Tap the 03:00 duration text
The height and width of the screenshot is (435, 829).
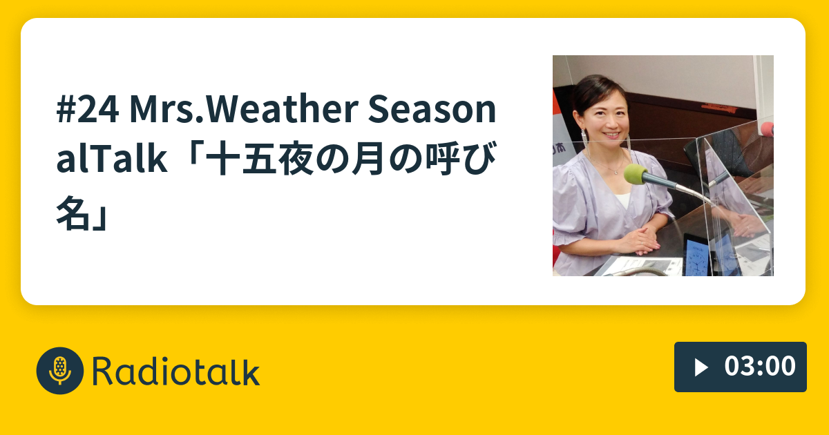(760, 367)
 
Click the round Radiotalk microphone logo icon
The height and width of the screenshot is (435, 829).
(60, 370)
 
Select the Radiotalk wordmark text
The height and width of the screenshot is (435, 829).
(175, 371)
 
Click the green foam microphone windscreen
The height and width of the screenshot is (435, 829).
(636, 174)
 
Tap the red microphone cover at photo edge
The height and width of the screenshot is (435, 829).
(767, 129)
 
